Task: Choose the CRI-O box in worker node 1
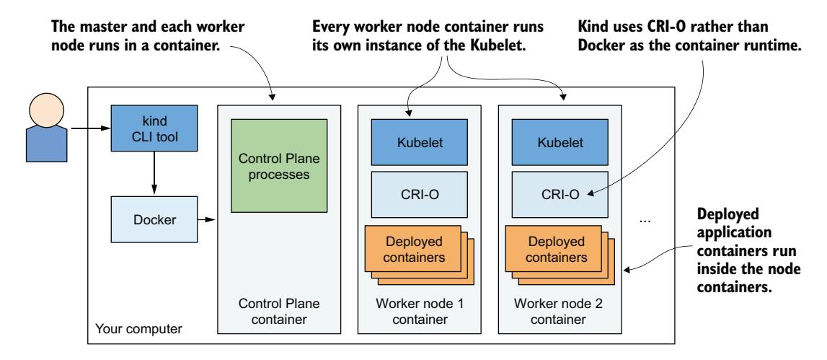tap(418, 193)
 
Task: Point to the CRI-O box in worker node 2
tap(557, 193)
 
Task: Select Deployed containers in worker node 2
tap(552, 247)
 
